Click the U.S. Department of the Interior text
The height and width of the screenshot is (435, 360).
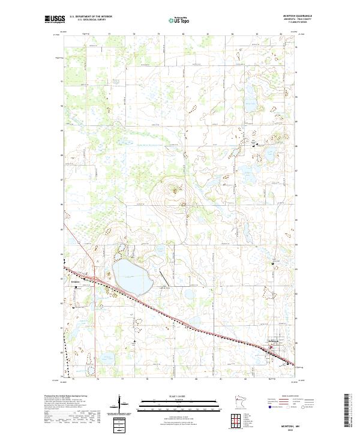tap(91, 17)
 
